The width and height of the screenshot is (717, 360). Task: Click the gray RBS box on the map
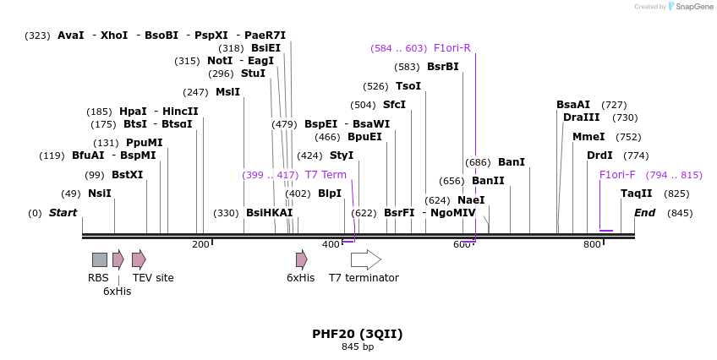pos(100,259)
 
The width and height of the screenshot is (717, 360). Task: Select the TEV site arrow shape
pos(139,259)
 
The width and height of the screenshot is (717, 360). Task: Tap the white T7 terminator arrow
pos(365,259)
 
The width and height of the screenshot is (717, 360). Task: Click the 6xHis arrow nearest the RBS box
pos(118,259)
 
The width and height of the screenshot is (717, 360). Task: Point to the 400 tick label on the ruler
pos(330,245)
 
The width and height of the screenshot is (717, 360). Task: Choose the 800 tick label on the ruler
pos(591,245)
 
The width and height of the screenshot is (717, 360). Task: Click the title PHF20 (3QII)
pos(357,334)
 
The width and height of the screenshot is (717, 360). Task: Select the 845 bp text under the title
pos(357,346)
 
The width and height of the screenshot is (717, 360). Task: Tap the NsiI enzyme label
pos(99,194)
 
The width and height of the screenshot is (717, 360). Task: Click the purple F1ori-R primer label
pos(452,48)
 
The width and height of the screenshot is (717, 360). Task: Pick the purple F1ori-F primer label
pos(617,175)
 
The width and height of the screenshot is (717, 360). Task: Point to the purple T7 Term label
pos(326,175)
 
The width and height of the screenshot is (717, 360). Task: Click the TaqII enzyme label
pos(637,194)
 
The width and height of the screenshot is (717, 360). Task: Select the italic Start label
pos(63,213)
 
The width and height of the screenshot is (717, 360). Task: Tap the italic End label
pos(645,213)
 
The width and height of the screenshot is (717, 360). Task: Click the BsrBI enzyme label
pos(442,67)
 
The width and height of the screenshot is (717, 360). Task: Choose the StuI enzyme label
pos(253,74)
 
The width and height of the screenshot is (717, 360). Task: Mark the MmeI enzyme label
pos(588,137)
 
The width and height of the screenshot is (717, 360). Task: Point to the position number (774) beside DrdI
pos(636,155)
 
